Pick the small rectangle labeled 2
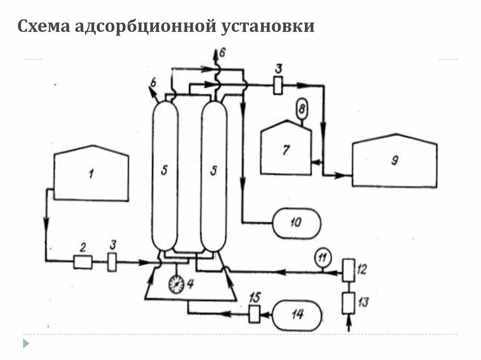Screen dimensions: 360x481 [83, 262]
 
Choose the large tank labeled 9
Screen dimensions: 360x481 [394, 161]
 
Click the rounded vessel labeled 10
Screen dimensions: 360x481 [297, 222]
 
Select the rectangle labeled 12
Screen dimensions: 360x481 [349, 269]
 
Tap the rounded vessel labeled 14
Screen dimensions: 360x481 [297, 314]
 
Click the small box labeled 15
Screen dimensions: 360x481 [255, 314]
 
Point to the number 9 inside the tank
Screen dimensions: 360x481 [395, 161]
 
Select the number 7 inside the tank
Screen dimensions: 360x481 [286, 150]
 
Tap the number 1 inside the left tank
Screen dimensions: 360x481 [91, 175]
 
